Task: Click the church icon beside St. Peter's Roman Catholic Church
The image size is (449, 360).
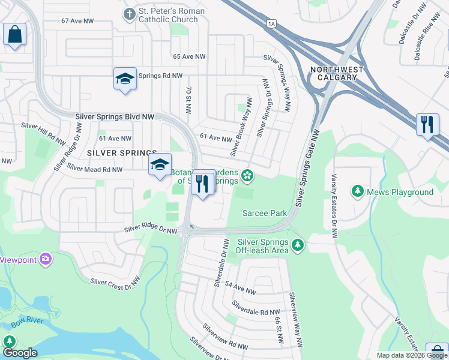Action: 129,13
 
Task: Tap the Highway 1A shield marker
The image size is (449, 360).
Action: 271,23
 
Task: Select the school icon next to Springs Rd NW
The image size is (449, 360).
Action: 125,79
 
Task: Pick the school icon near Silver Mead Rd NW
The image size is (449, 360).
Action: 160,164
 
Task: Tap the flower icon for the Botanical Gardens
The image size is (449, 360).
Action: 247,176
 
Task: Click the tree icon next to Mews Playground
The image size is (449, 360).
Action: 358,191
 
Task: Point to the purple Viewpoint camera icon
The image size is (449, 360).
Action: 46,260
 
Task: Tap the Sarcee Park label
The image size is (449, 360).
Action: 265,213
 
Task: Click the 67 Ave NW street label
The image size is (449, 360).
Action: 77,21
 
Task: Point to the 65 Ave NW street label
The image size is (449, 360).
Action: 189,56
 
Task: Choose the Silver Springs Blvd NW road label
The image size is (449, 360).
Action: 114,116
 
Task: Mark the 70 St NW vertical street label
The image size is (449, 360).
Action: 188,100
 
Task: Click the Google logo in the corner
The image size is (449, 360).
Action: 20,353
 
